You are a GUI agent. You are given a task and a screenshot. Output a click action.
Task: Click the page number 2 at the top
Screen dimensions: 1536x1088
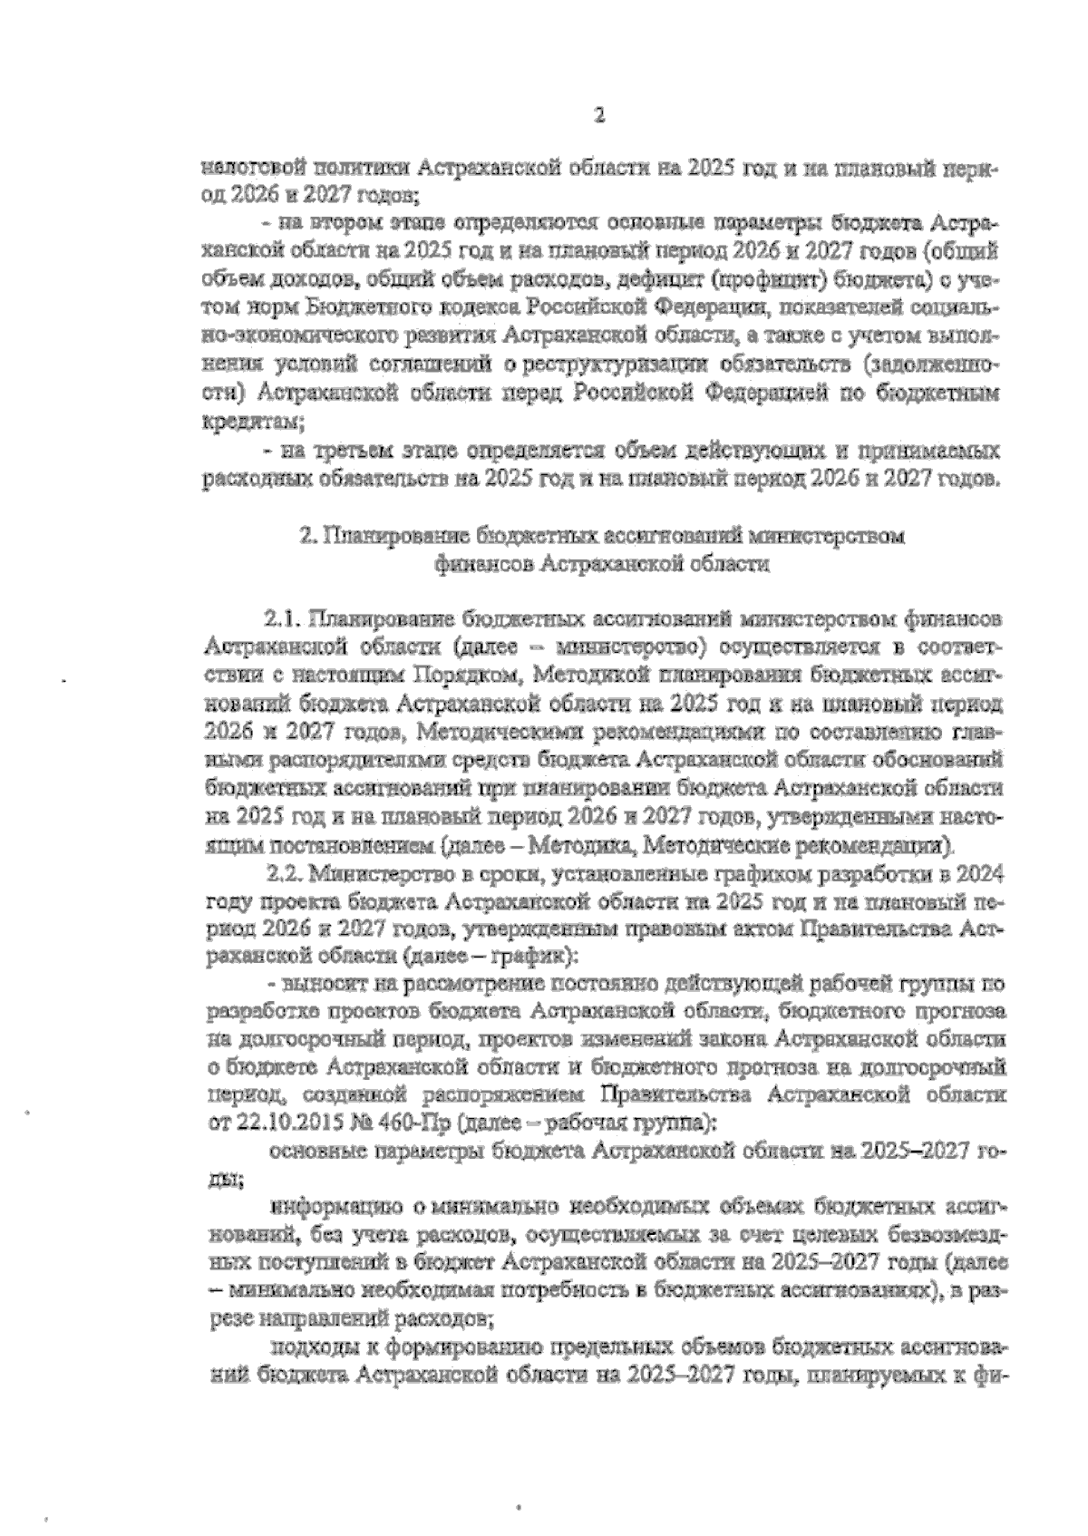(x=597, y=115)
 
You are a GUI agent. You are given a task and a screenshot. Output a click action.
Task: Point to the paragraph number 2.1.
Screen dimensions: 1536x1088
(x=282, y=620)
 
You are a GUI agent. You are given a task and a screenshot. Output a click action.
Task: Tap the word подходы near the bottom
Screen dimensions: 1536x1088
(x=312, y=1346)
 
